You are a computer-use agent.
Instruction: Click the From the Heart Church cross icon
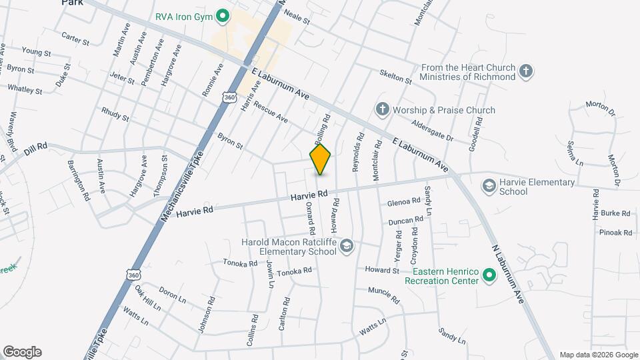tap(526, 71)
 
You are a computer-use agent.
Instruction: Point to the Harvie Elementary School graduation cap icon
tap(489, 185)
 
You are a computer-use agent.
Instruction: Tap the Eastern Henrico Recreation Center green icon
tap(489, 275)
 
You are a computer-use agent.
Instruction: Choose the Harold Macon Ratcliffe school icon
tap(346, 247)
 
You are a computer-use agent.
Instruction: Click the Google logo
tap(22, 352)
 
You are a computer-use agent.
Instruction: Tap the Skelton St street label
tap(396, 75)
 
